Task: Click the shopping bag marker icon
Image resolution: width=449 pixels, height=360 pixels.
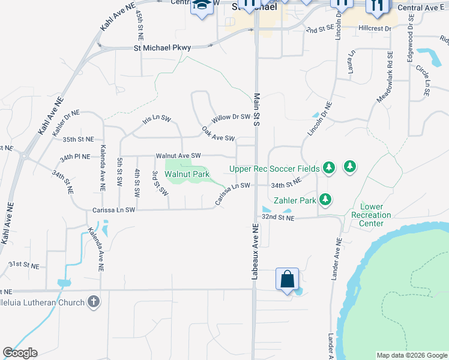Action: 288,279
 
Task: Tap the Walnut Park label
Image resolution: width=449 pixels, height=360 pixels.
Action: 187,174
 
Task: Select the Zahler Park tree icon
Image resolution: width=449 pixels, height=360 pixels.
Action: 325,199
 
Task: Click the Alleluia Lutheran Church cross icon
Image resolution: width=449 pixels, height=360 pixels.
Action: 93,301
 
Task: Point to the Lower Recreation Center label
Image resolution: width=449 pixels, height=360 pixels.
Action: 372,215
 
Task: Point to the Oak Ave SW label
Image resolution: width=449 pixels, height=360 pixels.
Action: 218,134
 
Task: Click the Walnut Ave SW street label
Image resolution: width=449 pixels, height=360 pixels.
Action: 178,155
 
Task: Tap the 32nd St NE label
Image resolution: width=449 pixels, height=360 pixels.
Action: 279,218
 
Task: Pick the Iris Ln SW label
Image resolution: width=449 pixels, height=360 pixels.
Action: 157,119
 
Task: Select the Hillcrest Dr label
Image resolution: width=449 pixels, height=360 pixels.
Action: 375,28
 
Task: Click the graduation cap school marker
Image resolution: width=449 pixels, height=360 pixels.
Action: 200,6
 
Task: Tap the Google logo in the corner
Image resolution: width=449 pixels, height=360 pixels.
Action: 20,353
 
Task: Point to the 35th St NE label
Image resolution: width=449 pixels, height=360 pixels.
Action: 78,139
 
